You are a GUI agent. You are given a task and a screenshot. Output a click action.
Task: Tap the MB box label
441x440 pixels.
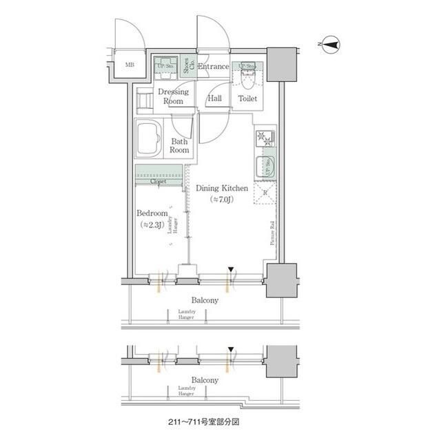point(130,66)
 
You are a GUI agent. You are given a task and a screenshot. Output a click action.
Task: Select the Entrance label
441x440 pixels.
point(213,67)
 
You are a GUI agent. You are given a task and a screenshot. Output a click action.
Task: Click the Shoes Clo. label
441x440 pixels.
point(187,65)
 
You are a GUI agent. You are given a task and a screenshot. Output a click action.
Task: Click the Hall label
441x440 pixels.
point(214,98)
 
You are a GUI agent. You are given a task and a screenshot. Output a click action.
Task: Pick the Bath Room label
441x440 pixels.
point(180,145)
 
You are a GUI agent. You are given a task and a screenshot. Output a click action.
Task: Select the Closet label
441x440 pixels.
point(160,181)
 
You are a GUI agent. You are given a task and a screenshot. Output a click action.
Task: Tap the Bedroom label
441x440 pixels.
point(152,213)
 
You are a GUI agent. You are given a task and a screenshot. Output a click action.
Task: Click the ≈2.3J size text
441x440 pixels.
point(152,225)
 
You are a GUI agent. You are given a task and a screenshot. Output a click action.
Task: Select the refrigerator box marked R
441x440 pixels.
point(265,193)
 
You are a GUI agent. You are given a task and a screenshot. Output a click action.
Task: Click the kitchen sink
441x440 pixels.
point(265,166)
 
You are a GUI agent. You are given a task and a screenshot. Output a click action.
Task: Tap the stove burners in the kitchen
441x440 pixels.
point(265,138)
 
